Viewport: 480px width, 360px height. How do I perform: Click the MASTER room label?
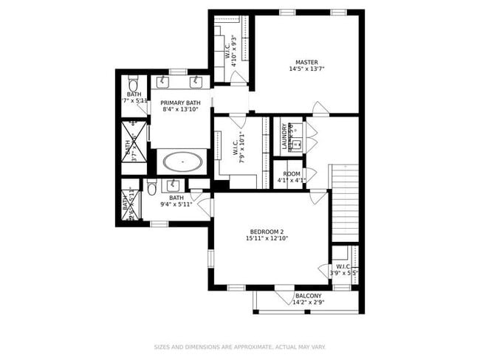point(306,62)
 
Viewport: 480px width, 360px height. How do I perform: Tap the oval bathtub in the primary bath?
point(182,161)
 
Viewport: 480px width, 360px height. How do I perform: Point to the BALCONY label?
point(308,295)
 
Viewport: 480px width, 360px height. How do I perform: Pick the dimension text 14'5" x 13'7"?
point(306,69)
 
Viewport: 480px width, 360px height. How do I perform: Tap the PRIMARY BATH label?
point(181,103)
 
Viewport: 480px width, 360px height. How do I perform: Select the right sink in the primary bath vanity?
point(196,80)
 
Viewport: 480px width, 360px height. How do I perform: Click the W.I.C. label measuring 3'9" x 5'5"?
point(343,267)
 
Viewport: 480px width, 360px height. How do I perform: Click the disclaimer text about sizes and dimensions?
point(239,346)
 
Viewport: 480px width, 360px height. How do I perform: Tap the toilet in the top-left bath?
point(134,81)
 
